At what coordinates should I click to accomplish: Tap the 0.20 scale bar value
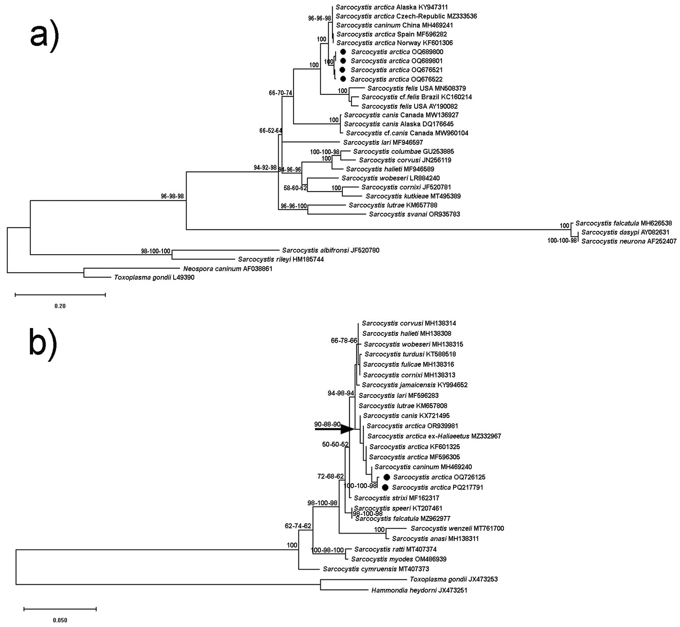(60, 306)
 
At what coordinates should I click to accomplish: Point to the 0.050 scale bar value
(60, 620)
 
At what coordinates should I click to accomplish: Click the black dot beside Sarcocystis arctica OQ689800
(343, 52)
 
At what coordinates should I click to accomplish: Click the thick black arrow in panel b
(334, 429)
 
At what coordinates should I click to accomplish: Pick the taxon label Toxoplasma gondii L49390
(154, 278)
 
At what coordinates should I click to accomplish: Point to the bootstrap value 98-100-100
(155, 251)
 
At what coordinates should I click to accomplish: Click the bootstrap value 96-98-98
(172, 196)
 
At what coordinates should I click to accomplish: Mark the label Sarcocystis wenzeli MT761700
(457, 528)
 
